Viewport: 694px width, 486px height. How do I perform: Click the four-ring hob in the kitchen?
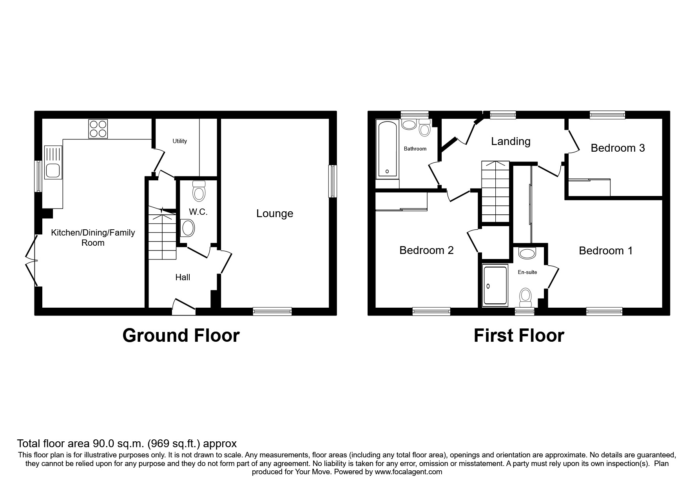[x=98, y=129]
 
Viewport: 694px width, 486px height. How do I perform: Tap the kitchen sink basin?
[x=52, y=170]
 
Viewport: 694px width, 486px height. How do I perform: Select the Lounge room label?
[x=275, y=214]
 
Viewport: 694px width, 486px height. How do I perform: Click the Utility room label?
[x=180, y=141]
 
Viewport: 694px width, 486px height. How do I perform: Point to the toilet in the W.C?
[x=199, y=192]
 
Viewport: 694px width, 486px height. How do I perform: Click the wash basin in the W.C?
[x=188, y=228]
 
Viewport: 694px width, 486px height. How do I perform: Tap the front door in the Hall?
[x=184, y=307]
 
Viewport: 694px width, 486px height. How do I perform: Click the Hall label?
[x=183, y=277]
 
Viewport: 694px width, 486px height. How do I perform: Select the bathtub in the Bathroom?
[x=387, y=149]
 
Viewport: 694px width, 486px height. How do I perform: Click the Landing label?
[x=511, y=141]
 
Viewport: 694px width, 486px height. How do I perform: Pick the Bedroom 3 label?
[x=618, y=148]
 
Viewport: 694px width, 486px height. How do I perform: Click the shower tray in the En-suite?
[x=495, y=285]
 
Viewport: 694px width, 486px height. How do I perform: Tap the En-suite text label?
[x=527, y=272]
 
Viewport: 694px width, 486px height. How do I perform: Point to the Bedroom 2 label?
[x=426, y=250]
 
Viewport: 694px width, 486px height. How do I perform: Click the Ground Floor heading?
[x=181, y=336]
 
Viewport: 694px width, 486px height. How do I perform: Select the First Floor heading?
[x=518, y=336]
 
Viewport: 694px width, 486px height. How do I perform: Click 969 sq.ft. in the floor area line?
[x=175, y=444]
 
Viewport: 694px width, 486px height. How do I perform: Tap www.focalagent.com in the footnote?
[x=408, y=472]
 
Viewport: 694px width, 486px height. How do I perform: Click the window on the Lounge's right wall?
[x=333, y=181]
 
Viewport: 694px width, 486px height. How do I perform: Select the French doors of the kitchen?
[x=33, y=260]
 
